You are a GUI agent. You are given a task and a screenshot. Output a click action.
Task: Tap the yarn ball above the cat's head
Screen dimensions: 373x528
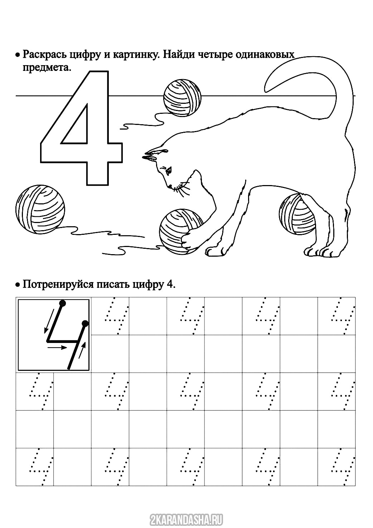[182, 97]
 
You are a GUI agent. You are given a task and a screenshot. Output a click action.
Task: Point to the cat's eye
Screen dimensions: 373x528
[169, 170]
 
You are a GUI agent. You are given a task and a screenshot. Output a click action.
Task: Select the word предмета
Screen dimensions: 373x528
[47, 68]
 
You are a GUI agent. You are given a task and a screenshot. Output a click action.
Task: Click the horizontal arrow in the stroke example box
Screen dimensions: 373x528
[57, 347]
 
